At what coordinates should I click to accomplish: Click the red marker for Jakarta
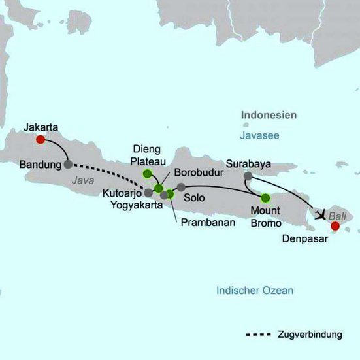point(41,139)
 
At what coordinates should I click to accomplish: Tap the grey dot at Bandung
point(69,164)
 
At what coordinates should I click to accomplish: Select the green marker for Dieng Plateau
point(147,174)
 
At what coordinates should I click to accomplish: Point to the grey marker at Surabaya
point(248,176)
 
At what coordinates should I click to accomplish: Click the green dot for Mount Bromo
point(265,197)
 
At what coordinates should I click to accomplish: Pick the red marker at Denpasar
point(335,226)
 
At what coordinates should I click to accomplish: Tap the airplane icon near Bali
point(319,214)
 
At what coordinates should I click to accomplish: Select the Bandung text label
point(40,163)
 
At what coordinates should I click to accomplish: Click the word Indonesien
point(269,114)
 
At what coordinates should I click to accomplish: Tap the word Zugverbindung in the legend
point(310,335)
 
